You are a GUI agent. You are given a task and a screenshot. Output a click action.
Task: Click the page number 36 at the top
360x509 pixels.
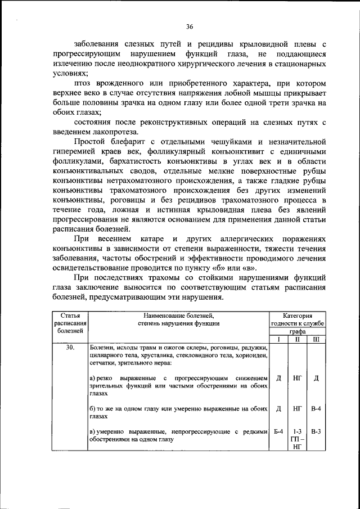coord(190,26)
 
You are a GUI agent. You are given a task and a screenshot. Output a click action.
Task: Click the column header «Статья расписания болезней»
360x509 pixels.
coord(70,323)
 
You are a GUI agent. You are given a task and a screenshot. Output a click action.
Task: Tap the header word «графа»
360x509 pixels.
coord(297,332)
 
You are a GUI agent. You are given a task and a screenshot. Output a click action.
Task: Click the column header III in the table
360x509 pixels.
coord(316,340)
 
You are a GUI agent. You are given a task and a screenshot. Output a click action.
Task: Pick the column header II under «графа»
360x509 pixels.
coord(298,340)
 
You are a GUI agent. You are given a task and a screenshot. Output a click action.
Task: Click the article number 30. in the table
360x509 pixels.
coord(70,348)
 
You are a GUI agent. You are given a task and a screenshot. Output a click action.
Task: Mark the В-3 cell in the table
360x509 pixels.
coord(316,431)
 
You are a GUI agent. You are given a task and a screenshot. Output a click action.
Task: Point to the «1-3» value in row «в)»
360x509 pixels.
coord(298,431)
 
